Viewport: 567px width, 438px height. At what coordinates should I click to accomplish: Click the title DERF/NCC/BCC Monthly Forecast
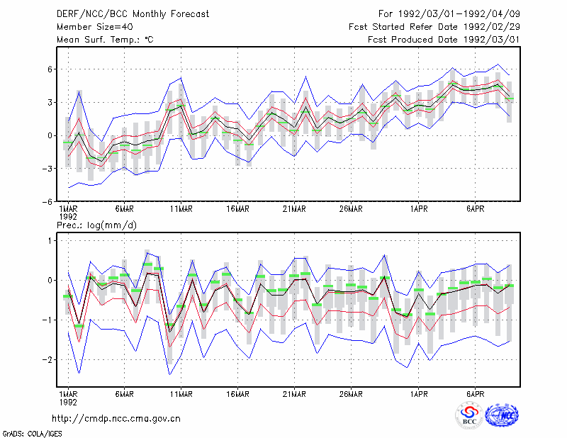click(x=133, y=14)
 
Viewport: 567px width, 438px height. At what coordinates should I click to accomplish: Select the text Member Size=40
click(x=95, y=27)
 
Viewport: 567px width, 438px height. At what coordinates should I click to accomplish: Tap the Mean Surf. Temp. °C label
click(x=105, y=40)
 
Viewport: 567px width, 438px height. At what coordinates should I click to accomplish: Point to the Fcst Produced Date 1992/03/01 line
click(x=444, y=40)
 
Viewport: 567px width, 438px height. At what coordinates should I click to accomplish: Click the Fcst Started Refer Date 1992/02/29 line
click(x=434, y=27)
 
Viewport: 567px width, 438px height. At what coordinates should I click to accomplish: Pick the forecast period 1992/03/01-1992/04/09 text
click(x=449, y=14)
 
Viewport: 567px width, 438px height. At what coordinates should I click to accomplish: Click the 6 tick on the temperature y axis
click(x=50, y=69)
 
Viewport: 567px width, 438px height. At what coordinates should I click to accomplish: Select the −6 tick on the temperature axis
click(x=47, y=201)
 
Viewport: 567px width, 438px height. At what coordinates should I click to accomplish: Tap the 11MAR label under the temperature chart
click(x=181, y=209)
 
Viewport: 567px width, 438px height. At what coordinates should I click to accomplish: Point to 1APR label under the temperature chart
click(x=419, y=209)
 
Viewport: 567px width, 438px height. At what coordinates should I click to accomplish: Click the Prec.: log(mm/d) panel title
click(x=96, y=225)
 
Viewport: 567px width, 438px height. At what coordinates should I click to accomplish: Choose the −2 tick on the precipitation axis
click(x=47, y=359)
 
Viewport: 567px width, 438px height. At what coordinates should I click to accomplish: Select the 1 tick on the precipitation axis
click(x=50, y=240)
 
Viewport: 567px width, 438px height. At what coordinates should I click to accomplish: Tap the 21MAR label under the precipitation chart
click(x=294, y=394)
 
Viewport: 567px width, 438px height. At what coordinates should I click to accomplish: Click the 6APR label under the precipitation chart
click(x=475, y=394)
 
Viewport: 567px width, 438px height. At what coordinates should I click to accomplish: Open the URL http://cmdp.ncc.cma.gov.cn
click(x=116, y=419)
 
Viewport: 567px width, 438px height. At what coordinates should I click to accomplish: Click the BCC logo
click(x=469, y=416)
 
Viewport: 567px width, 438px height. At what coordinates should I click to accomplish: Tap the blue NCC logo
click(x=503, y=416)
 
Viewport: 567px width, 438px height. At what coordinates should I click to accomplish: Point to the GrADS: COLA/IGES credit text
click(x=32, y=434)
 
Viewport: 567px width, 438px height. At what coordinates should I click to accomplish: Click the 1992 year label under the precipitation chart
click(x=68, y=402)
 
